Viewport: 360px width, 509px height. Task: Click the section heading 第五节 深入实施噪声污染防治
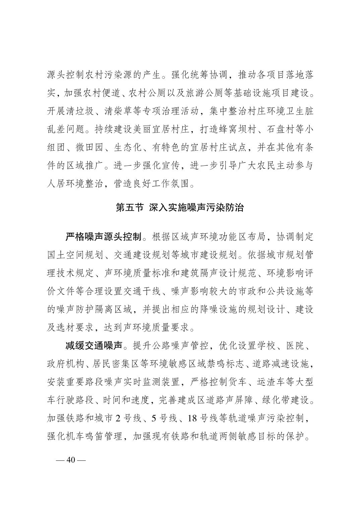[x=180, y=208]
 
